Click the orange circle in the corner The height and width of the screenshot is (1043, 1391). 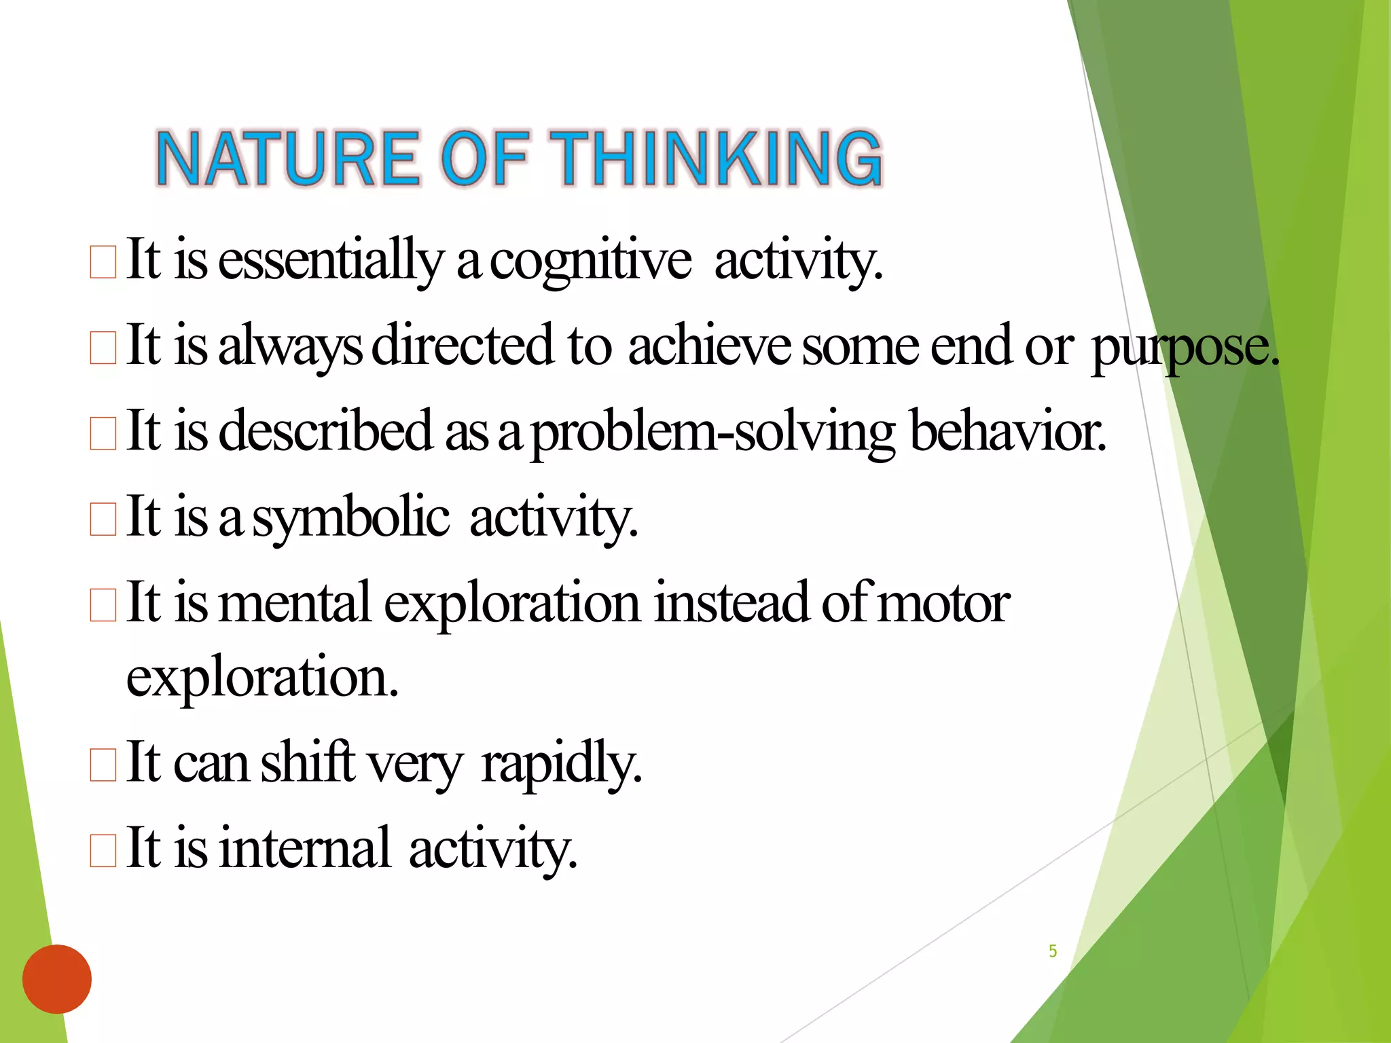click(57, 978)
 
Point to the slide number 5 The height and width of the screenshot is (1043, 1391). click(1053, 951)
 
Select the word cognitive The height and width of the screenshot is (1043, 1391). click(590, 261)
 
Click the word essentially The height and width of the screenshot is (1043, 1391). click(331, 261)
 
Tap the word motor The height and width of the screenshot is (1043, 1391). click(944, 603)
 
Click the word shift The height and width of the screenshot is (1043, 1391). click(308, 762)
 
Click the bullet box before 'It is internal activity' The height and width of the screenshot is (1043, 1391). click(103, 851)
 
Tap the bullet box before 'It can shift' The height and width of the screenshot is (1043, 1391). click(103, 765)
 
